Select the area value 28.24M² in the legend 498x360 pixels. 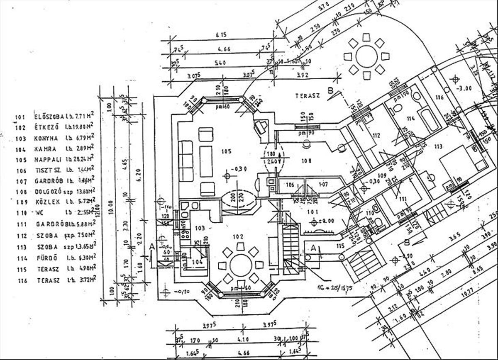83,158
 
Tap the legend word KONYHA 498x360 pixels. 46,138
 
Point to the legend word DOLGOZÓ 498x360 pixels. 48,191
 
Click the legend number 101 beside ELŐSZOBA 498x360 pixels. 20,117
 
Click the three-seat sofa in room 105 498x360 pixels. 187,161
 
